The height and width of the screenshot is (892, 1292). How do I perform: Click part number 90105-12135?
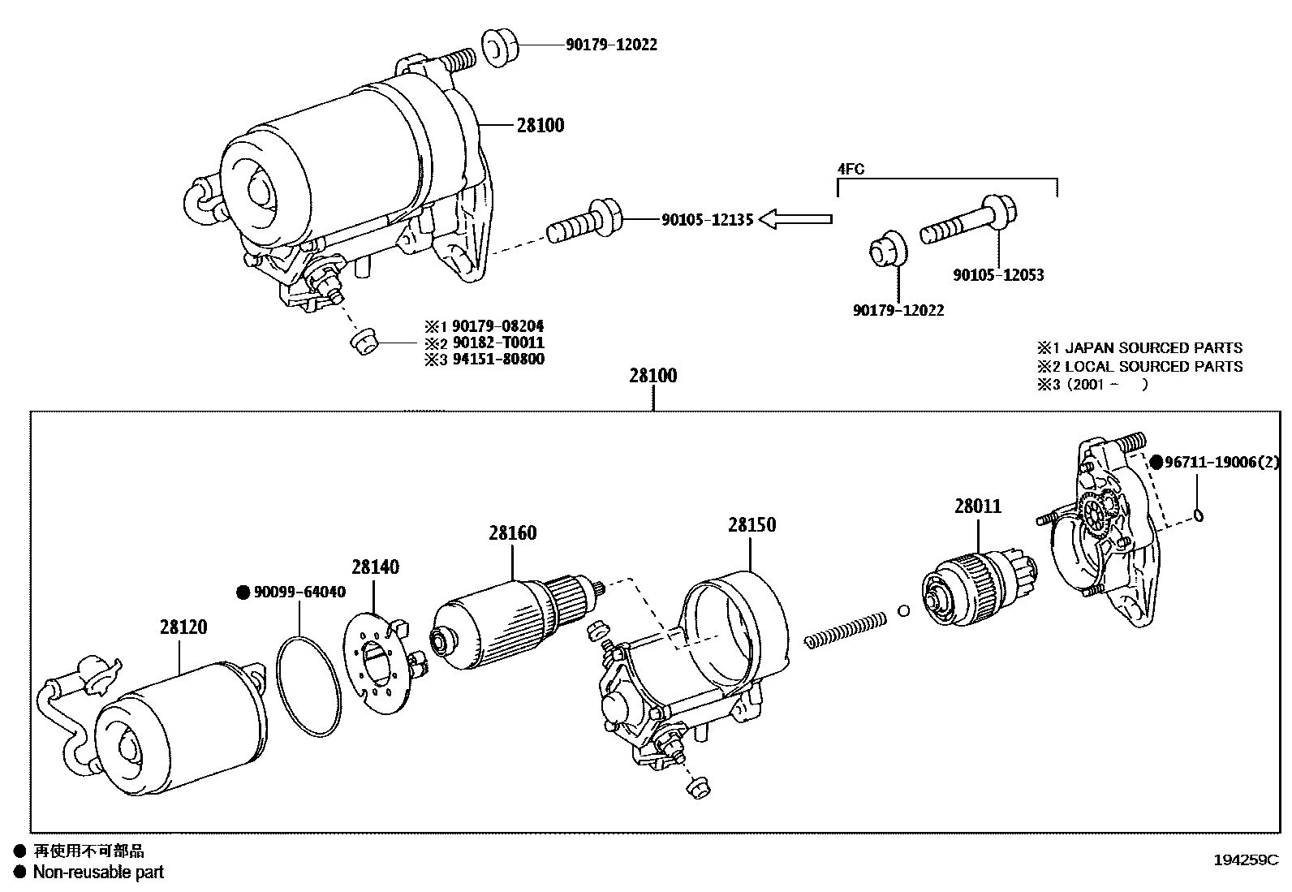(708, 219)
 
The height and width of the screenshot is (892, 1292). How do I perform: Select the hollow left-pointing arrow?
(799, 218)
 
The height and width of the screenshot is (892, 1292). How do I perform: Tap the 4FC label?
(851, 170)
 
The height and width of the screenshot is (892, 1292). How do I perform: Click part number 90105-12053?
(998, 275)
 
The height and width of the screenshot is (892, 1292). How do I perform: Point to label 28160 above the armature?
(512, 533)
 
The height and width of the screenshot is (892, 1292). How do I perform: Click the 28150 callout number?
(752, 525)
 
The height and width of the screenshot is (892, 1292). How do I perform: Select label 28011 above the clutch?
(978, 506)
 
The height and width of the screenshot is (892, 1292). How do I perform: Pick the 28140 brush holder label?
(375, 567)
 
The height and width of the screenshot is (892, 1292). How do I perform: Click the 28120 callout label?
(183, 627)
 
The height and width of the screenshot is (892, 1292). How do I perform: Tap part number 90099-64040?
(299, 593)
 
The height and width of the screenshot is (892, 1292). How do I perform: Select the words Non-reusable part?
(98, 873)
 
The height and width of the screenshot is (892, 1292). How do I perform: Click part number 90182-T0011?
(493, 343)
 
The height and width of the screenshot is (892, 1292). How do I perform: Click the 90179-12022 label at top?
(611, 45)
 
